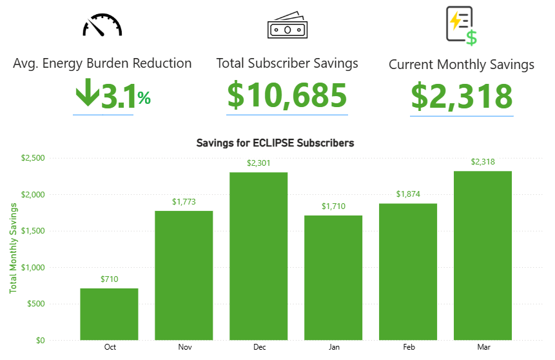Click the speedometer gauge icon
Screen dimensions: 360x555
click(102, 25)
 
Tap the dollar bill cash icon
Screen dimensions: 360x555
click(287, 26)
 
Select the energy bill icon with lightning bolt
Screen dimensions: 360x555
click(462, 26)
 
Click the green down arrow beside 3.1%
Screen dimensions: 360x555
click(86, 94)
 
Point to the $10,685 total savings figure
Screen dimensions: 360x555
click(287, 95)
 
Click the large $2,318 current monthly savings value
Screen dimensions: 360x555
click(462, 96)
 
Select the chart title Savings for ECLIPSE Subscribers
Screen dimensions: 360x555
click(275, 143)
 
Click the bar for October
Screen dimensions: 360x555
click(109, 314)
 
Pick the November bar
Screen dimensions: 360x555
click(184, 275)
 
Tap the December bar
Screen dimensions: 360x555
click(258, 255)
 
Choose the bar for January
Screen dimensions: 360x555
click(333, 277)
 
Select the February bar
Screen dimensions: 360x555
click(408, 272)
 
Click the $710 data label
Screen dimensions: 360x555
click(109, 279)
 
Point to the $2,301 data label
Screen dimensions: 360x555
click(258, 163)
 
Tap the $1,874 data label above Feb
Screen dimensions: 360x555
click(408, 194)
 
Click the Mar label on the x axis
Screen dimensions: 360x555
click(483, 347)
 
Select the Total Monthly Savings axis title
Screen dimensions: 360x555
click(13, 248)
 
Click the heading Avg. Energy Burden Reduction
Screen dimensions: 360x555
click(102, 63)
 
